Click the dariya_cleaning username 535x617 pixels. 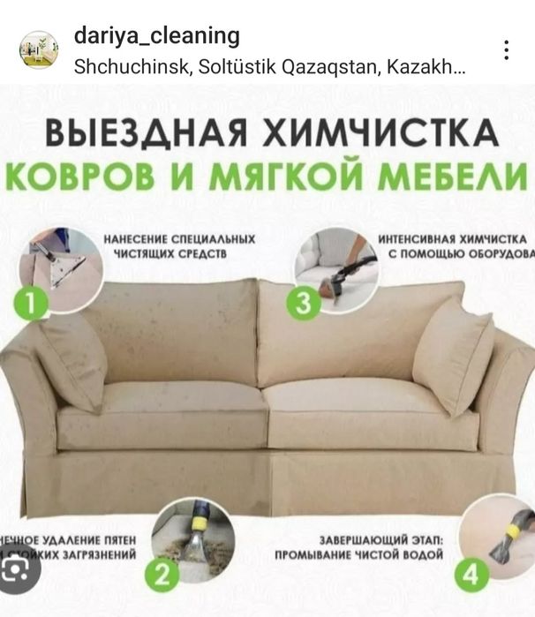point(157,36)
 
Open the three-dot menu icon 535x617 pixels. point(506,50)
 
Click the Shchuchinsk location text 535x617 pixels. point(269,66)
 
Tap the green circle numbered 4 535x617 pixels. point(471,576)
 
